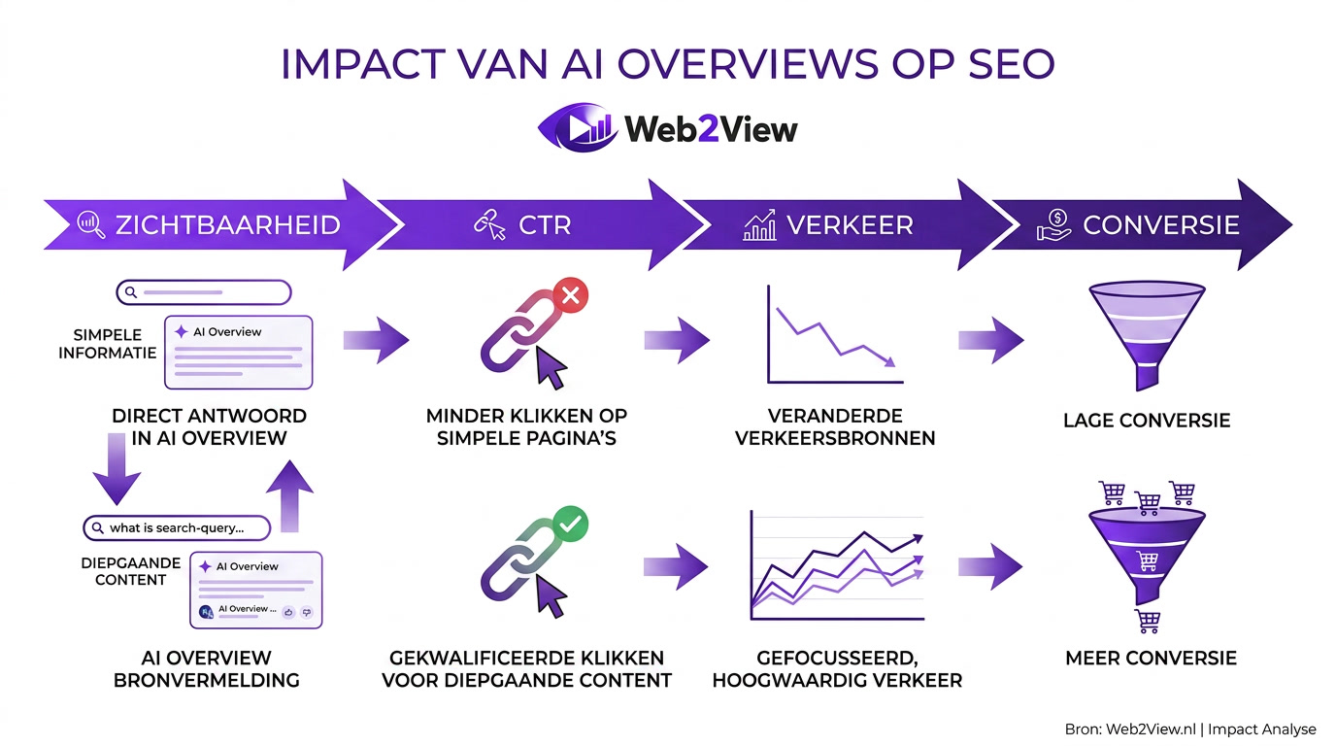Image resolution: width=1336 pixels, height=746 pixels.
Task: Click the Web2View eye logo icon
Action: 577,127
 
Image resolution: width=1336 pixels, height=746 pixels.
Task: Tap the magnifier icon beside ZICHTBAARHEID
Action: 90,224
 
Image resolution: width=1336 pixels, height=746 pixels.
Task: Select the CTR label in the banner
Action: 546,225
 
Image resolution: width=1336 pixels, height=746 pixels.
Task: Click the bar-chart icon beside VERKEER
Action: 759,225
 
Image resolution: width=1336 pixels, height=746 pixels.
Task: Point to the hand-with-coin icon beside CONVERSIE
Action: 1052,225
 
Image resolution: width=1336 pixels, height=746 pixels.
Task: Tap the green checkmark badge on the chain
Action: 570,525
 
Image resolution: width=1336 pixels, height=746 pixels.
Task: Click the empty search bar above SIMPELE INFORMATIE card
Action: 204,291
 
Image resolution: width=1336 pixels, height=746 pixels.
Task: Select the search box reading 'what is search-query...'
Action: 176,527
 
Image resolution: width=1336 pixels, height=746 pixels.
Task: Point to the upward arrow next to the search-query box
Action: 290,495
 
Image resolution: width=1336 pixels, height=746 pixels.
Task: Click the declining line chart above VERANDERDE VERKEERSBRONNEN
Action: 832,335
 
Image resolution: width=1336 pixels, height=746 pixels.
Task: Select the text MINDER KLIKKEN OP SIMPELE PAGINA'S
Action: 526,426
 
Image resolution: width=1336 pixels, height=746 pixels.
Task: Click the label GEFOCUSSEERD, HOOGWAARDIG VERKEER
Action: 837,668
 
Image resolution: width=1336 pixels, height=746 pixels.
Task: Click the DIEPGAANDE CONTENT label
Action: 130,571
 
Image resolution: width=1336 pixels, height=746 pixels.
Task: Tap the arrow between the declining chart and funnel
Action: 991,340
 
